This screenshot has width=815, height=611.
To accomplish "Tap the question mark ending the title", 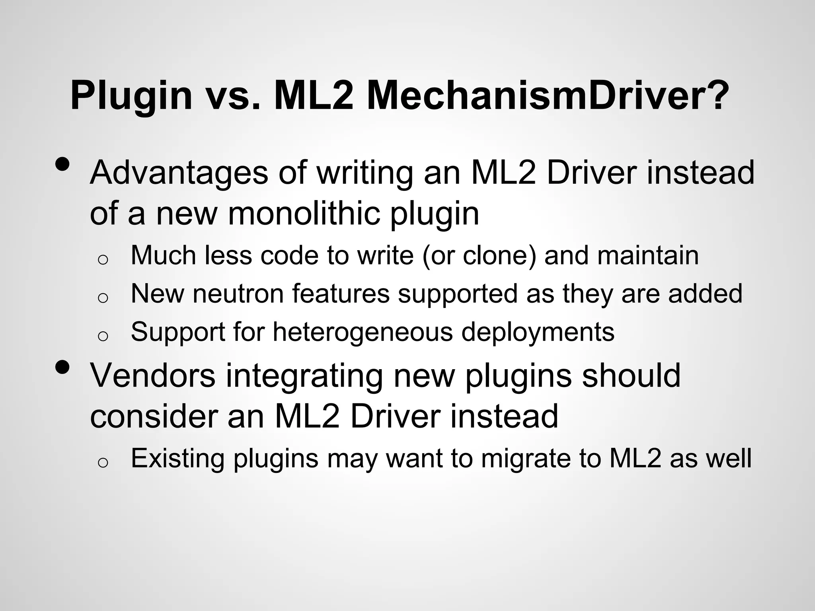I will click(714, 95).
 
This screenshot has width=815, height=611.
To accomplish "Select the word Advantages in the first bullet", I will click(179, 173).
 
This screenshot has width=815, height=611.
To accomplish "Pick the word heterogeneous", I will click(363, 332).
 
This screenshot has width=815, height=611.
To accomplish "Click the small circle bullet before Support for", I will click(103, 337).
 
